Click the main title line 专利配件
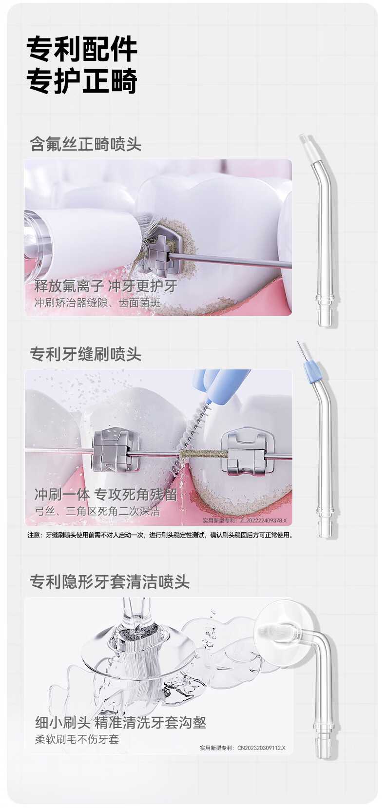pos(82,48)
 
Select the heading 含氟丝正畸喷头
pos(86,144)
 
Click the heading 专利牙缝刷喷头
pos(86,354)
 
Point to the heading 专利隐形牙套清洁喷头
pos(110,581)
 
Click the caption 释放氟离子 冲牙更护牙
pos(106,286)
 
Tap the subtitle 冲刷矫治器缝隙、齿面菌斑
pos(97,303)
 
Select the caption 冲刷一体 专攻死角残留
pos(106,495)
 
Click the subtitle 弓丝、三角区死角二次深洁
pos(97,511)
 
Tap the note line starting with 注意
pos(160,535)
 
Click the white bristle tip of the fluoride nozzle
pos(305,139)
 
